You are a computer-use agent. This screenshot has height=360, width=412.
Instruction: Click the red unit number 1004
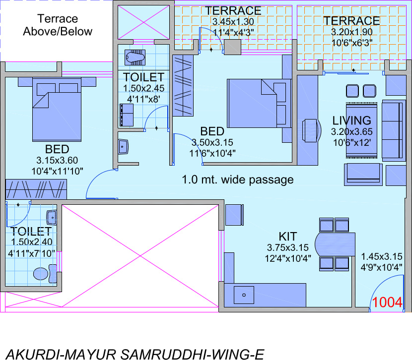(x=387, y=302)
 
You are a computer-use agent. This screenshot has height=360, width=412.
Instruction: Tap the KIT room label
(x=288, y=236)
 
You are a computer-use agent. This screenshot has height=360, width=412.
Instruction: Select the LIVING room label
(x=351, y=120)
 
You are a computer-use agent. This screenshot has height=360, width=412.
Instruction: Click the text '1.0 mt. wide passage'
(x=238, y=179)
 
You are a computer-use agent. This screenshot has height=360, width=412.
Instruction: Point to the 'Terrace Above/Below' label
(x=58, y=25)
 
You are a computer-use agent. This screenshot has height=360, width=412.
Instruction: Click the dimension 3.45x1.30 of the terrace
(x=233, y=22)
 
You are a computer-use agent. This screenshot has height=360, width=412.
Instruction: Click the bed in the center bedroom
(x=258, y=103)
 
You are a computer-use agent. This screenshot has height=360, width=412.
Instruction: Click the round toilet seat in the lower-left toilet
(x=41, y=274)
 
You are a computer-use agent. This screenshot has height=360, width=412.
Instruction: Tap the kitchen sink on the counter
(x=244, y=296)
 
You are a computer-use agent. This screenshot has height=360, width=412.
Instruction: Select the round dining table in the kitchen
(x=335, y=243)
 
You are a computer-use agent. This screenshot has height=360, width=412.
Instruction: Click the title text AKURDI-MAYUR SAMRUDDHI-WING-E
(x=132, y=354)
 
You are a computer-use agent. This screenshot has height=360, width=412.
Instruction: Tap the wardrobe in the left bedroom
(x=36, y=189)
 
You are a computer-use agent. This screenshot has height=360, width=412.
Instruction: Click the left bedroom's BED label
(x=57, y=149)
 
